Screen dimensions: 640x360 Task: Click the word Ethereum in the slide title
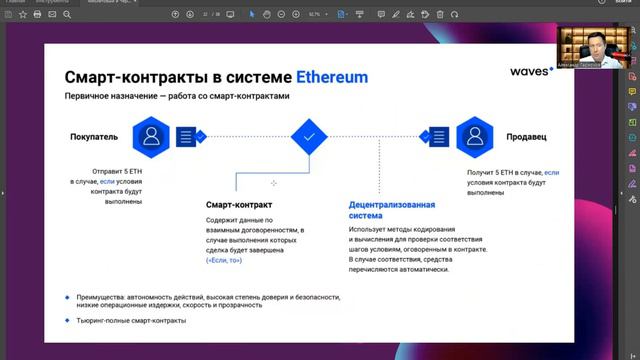332,77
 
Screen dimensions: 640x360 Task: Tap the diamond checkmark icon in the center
309,135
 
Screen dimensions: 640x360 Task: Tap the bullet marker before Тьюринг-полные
67,320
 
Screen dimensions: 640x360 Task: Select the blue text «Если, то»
225,260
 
